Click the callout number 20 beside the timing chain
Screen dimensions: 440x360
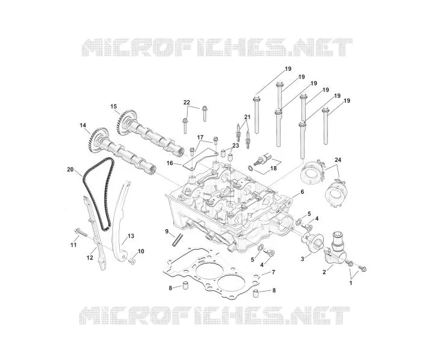coord(70,169)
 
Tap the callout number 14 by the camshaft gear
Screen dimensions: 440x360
coord(83,125)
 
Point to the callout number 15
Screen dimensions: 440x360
coord(113,106)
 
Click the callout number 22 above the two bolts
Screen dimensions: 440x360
coord(186,103)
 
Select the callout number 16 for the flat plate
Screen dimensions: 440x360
coord(170,163)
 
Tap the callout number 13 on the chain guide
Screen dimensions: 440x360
coord(131,236)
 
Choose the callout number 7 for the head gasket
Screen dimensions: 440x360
coord(273,272)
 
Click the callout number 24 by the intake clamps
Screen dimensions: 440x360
coord(338,160)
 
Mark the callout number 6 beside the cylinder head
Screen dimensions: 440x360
coord(302,192)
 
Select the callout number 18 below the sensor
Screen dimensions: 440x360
coord(273,168)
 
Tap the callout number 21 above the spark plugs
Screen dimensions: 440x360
coord(247,116)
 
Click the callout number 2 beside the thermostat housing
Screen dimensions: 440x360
coord(324,272)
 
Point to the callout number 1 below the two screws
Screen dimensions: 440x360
coord(351,283)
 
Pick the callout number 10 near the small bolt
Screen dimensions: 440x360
coord(141,251)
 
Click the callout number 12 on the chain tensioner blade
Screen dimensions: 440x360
coord(90,257)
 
